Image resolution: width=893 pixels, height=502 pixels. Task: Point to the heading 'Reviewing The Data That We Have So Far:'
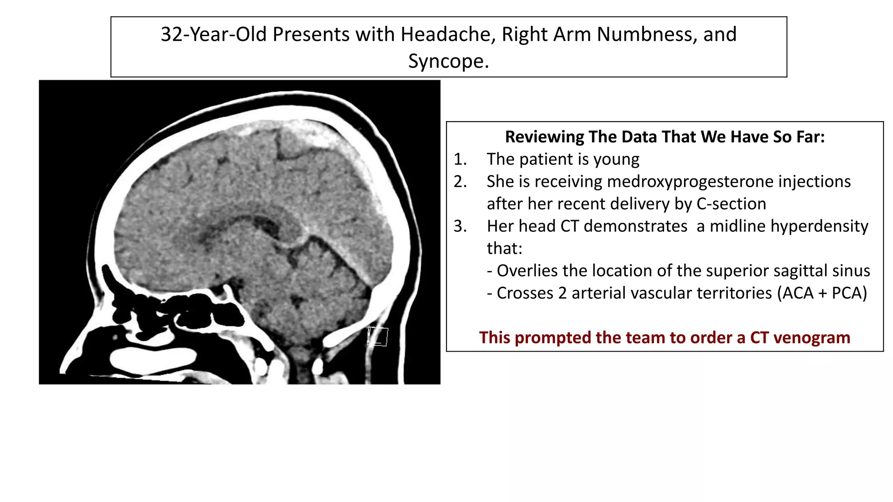point(665,137)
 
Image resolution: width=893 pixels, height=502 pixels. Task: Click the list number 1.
point(460,159)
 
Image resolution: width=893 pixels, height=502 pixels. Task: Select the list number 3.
point(460,226)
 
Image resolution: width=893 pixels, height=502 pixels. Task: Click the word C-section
point(731,204)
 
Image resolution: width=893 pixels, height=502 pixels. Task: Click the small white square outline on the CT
point(378,336)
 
